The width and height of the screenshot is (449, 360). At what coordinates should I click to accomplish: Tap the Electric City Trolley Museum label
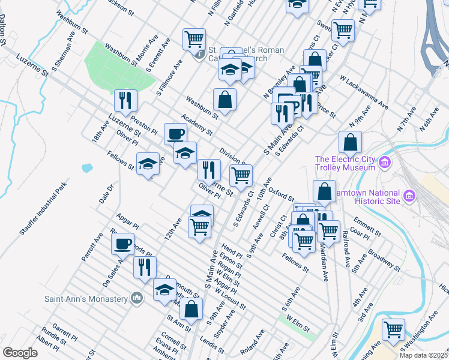pos(347,163)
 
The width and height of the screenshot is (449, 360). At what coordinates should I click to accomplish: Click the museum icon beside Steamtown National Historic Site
pos(409,196)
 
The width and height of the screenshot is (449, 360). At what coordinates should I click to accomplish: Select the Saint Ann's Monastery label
pos(86,298)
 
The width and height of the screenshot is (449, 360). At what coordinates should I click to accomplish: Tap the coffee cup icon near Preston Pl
pos(175,134)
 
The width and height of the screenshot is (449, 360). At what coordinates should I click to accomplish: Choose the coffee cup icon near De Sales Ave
pos(122,244)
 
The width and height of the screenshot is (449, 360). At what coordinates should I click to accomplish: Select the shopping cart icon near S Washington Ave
pos(393,329)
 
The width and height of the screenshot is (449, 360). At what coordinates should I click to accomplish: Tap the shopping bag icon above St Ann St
pos(191,310)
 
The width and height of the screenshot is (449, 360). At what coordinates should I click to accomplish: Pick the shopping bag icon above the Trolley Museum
pos(351,143)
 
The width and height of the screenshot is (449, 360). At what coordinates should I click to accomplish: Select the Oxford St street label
pos(281,194)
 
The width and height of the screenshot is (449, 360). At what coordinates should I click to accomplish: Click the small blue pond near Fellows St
pos(88,168)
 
